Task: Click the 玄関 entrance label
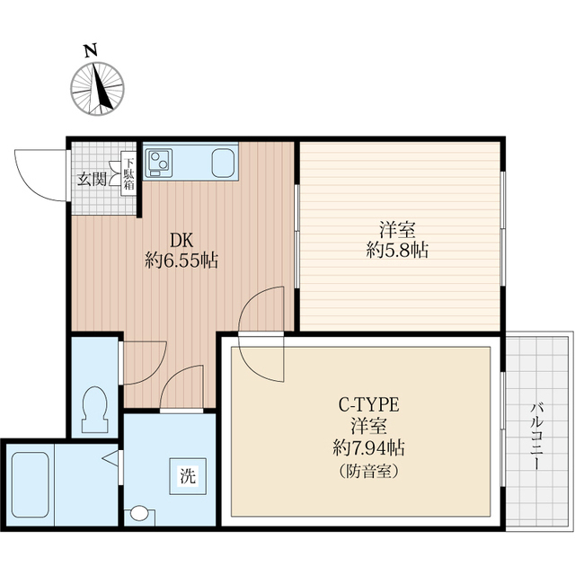point(91,178)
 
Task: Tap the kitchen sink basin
point(224,163)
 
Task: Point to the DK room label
point(182,241)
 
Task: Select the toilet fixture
point(94,403)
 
